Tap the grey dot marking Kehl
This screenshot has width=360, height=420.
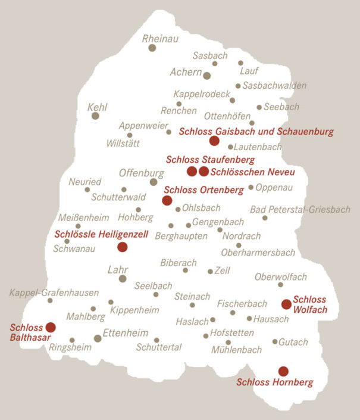tap(95, 116)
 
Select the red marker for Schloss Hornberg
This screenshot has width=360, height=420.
tap(283, 371)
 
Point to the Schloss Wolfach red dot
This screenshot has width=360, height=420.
tap(286, 304)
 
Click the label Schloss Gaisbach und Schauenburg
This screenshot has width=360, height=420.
tap(256, 132)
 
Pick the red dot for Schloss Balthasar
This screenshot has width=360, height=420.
tap(51, 327)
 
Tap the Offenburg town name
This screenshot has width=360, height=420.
tap(142, 173)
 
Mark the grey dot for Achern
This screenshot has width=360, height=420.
tap(206, 76)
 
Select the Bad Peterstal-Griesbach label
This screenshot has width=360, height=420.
tap(300, 210)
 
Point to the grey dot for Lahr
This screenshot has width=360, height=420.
tap(123, 278)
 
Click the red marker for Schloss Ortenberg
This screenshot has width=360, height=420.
tap(167, 200)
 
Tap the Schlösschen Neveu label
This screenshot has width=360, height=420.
tap(253, 172)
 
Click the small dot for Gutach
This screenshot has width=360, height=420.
tap(275, 341)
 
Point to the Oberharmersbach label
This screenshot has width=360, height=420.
tap(258, 253)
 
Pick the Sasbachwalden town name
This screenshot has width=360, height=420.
tap(274, 86)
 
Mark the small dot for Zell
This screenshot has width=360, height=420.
tap(210, 271)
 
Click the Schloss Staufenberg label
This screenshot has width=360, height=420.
tap(211, 160)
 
